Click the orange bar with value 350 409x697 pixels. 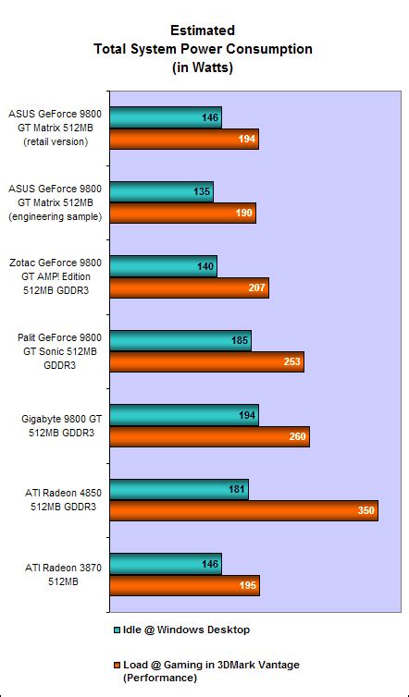[243, 510]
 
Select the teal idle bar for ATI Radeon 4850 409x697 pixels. [179, 488]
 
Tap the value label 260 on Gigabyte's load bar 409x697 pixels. [297, 436]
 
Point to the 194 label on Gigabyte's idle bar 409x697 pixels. [247, 415]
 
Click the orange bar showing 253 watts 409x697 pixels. [206, 362]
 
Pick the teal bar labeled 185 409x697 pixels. [180, 341]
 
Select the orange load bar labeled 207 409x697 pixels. [189, 288]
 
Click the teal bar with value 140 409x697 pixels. [163, 267]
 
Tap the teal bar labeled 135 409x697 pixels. [161, 193]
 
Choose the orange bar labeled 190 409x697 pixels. [182, 214]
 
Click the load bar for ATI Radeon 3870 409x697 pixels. [184, 584]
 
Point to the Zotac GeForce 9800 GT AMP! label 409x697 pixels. [56, 277]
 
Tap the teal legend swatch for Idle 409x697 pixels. [117, 630]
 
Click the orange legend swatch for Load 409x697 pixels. [117, 665]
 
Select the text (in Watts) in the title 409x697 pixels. [203, 67]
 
